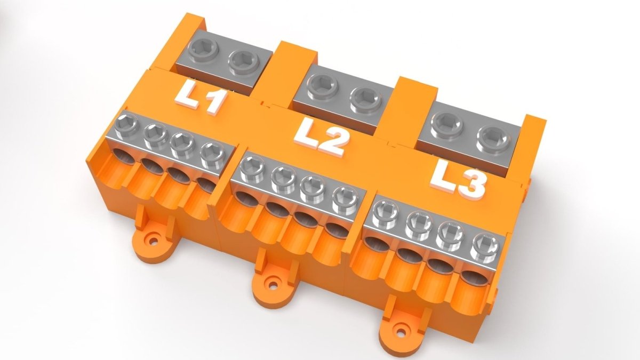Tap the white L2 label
[x=321, y=138]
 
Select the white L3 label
[x=459, y=178]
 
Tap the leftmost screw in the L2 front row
[x=250, y=168]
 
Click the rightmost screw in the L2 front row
[x=342, y=198]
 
